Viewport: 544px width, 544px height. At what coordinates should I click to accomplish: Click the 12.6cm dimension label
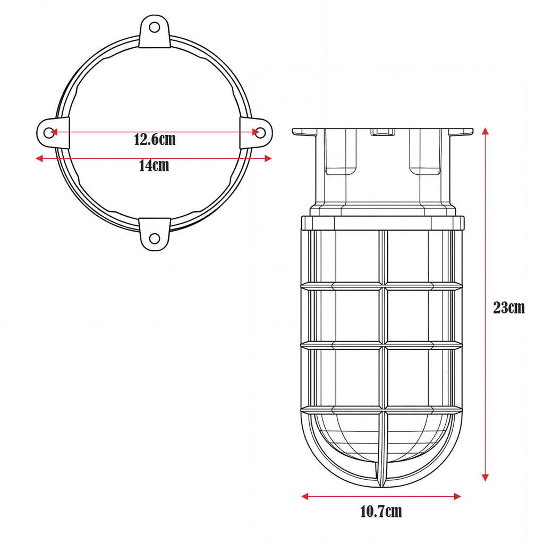[155, 140]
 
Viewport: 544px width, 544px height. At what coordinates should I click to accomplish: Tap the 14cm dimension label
[154, 166]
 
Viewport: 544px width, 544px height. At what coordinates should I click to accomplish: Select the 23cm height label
[509, 308]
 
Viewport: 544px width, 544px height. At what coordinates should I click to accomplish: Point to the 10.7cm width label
[381, 512]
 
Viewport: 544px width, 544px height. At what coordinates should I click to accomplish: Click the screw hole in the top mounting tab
[155, 27]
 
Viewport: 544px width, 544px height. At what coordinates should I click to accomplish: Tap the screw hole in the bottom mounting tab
[155, 239]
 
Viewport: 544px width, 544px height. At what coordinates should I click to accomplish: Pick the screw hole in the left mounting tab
[49, 132]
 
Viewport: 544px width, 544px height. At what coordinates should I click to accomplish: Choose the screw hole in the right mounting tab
[260, 132]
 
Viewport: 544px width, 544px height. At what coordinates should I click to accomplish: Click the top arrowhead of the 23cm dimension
[486, 131]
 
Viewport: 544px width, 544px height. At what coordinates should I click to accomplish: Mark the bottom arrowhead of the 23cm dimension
[486, 478]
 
